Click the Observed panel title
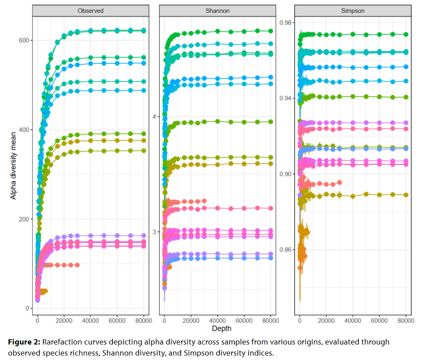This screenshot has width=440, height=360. click(90, 10)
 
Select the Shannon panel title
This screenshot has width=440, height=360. click(217, 10)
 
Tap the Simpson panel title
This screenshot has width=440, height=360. click(353, 10)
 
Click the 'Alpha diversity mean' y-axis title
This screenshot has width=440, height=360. click(13, 165)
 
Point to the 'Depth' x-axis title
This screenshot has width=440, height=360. click(221, 329)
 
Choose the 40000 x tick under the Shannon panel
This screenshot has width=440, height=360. click(218, 320)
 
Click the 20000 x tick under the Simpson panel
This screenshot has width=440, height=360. click(326, 320)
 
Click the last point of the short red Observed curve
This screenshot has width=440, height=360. click(77, 265)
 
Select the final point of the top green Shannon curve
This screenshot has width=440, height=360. click(271, 31)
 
